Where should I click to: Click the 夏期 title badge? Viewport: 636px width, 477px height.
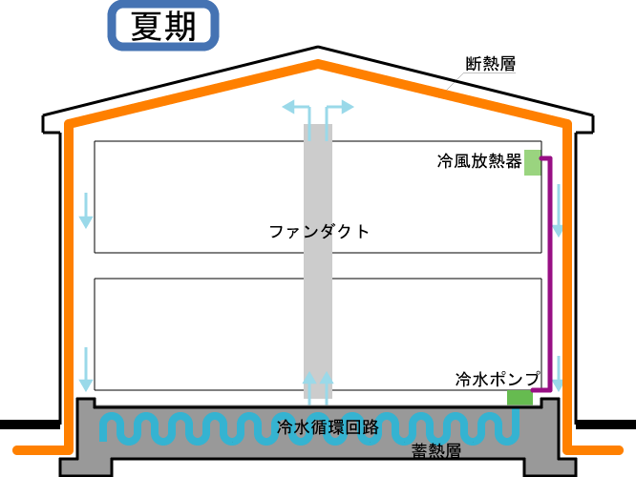tap(163, 26)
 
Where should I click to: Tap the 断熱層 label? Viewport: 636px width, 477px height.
tap(491, 64)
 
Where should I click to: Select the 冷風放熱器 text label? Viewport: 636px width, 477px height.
tap(479, 161)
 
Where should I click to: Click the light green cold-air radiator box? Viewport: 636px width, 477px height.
tap(533, 162)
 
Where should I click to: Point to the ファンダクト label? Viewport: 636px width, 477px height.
tap(319, 232)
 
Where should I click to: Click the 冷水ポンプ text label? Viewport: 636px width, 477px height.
tap(498, 379)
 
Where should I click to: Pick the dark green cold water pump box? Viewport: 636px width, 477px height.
tap(519, 397)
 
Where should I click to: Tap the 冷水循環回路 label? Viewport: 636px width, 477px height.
tap(328, 426)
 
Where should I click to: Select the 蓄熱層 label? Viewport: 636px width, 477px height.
tap(436, 450)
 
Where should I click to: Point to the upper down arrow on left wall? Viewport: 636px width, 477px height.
tap(86, 211)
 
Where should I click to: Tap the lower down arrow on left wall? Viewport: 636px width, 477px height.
tap(86, 369)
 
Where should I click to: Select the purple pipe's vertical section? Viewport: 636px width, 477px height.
tap(550, 274)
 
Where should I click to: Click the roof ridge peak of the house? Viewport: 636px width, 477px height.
tap(318, 47)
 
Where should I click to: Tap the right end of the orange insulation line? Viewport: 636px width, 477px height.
tap(620, 450)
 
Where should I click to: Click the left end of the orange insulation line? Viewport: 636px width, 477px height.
tap(17, 450)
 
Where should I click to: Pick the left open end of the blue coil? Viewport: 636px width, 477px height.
tap(103, 440)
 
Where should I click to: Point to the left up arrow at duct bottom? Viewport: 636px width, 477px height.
tap(309, 388)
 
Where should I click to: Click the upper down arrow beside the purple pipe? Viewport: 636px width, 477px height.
tap(558, 211)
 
